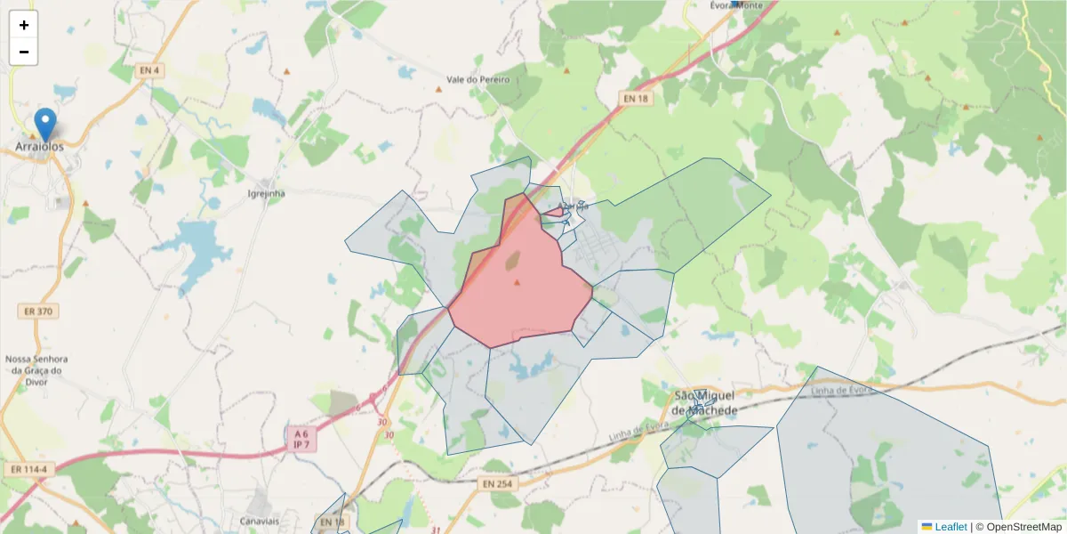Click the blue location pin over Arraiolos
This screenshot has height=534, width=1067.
44,124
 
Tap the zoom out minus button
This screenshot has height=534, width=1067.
24,52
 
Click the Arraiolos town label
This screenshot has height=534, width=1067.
40,146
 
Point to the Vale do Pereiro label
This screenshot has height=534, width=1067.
478,79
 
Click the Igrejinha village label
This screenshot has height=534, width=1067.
265,192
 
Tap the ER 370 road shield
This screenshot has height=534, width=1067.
36,311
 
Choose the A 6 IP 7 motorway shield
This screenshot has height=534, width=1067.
301,438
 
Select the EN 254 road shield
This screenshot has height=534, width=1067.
498,483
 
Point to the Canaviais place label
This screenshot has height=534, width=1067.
260,520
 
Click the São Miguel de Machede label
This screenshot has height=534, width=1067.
705,402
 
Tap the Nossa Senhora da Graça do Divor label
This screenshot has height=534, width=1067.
36,370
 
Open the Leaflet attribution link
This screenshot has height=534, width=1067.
951,526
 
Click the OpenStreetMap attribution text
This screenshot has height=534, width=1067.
1024,526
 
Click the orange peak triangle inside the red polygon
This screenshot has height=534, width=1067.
517,283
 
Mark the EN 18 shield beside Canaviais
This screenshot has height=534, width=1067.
332,522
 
